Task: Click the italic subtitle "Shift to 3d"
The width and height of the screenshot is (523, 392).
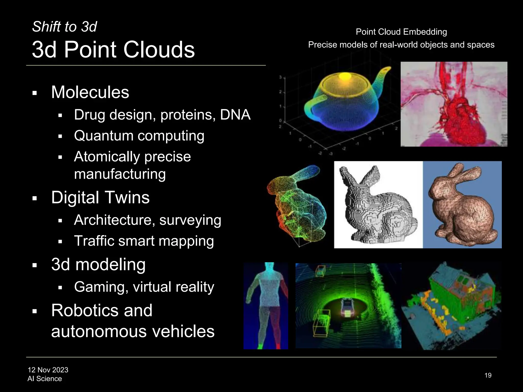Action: [64, 27]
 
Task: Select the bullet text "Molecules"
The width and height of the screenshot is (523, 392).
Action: [90, 92]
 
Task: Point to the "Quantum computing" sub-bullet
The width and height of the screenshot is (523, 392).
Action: [139, 136]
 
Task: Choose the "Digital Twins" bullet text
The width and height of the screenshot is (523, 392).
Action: [100, 198]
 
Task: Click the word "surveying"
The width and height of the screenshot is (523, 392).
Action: [190, 220]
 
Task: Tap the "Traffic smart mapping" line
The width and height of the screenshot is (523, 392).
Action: [144, 241]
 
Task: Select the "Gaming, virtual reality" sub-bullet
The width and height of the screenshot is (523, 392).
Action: [144, 287]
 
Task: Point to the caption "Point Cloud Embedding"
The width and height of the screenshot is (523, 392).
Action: [401, 32]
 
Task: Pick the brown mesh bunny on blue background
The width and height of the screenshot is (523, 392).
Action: [462, 204]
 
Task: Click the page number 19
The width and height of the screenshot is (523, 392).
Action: [488, 375]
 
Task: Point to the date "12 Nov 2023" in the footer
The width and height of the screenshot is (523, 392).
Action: [48, 370]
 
